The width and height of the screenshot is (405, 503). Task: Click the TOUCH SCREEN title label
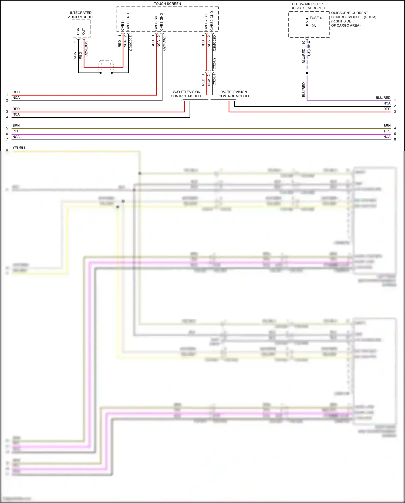click(167, 4)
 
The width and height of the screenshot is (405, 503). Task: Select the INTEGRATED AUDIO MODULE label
click(81, 15)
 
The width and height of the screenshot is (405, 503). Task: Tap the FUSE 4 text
click(316, 18)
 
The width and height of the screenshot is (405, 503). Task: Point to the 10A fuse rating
click(313, 26)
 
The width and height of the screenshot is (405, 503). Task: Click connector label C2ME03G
click(86, 48)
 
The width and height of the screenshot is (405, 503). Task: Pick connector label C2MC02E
click(131, 43)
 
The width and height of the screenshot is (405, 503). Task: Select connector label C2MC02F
click(164, 43)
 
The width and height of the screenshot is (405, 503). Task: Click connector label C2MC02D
click(214, 43)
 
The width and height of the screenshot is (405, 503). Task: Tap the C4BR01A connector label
click(309, 48)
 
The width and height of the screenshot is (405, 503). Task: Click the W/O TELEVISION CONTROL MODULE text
click(187, 94)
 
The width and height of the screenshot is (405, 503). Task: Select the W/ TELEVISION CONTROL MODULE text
click(234, 94)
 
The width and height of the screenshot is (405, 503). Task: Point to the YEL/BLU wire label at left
click(19, 148)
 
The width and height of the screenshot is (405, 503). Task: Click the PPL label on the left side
click(16, 131)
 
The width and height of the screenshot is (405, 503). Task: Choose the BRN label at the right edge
click(387, 126)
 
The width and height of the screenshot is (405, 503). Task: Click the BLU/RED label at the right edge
click(383, 98)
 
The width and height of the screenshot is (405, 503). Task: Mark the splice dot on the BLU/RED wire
click(307, 73)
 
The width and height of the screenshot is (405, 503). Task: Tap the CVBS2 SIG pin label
click(206, 22)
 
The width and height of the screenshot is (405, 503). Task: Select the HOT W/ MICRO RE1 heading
click(308, 4)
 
